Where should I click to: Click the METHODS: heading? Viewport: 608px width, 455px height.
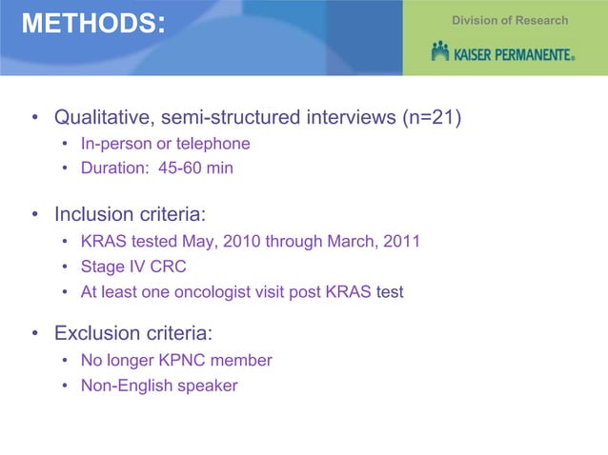pyautogui.click(x=92, y=24)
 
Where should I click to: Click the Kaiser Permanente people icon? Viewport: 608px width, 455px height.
pyautogui.click(x=439, y=50)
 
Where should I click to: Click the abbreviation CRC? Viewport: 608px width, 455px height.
pyautogui.click(x=169, y=267)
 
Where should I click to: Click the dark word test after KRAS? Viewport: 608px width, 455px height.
pyautogui.click(x=390, y=291)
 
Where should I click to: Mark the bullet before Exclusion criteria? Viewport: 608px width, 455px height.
pyautogui.click(x=34, y=334)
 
